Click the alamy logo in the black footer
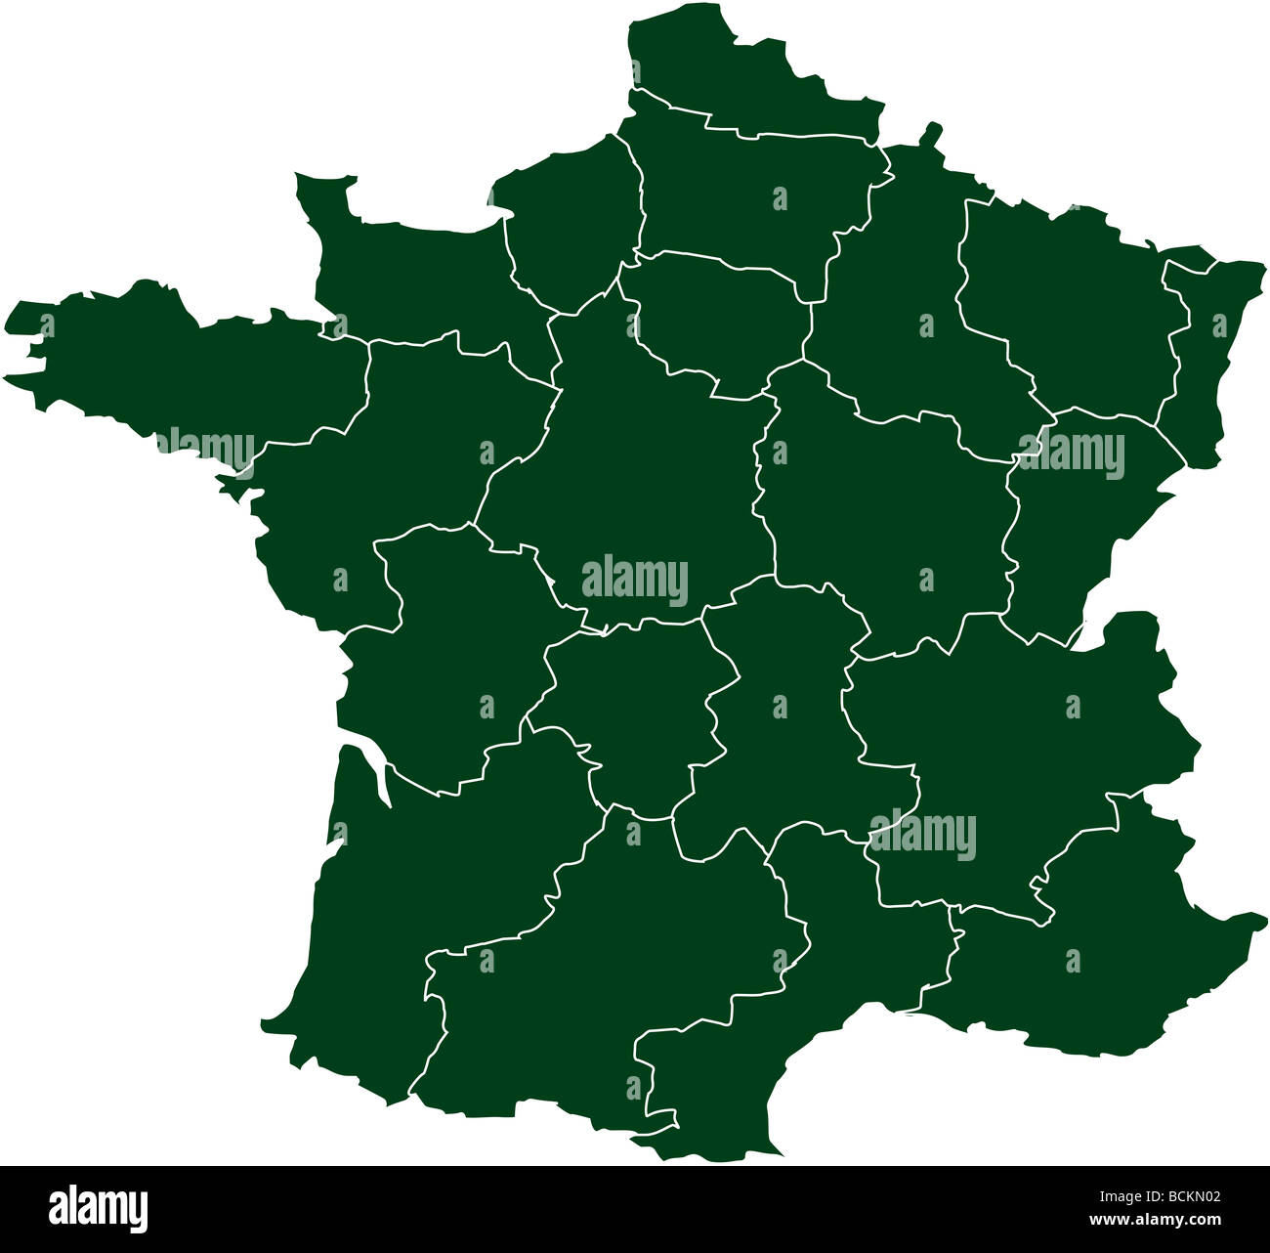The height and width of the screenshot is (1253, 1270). coord(98,1208)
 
